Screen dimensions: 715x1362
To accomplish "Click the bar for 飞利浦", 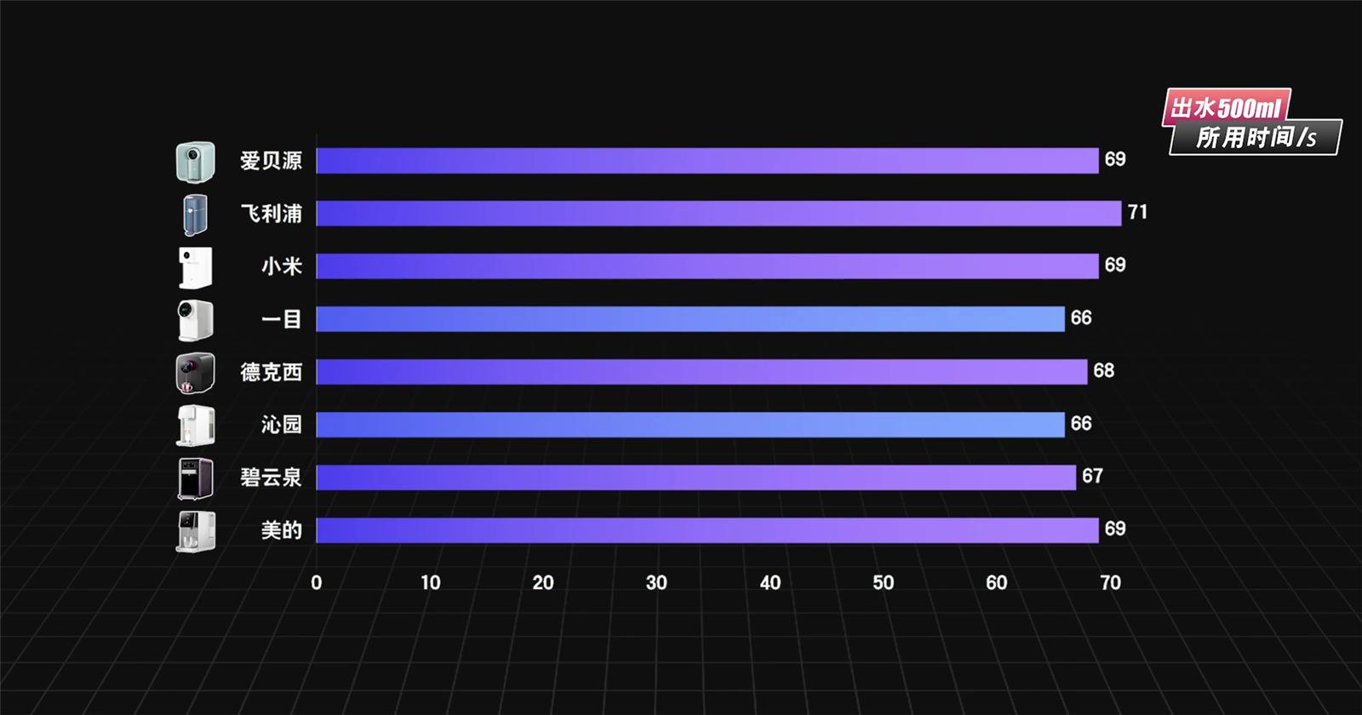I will pyautogui.click(x=718, y=214).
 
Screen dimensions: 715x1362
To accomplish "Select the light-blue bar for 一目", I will pyautogui.click(x=690, y=319).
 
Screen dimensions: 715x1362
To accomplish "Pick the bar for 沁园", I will pyautogui.click(x=690, y=425).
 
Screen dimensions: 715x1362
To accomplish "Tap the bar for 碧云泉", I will pyautogui.click(x=695, y=478).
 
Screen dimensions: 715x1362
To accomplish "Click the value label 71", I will pyautogui.click(x=1137, y=212).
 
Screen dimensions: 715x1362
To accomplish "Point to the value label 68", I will pyautogui.click(x=1103, y=370).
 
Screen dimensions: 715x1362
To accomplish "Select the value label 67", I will pyautogui.click(x=1092, y=476).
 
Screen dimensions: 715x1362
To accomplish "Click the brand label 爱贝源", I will pyautogui.click(x=271, y=161).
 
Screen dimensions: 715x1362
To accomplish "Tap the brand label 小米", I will pyautogui.click(x=281, y=266).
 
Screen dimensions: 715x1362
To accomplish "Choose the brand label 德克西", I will pyautogui.click(x=271, y=372).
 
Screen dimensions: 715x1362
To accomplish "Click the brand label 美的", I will pyautogui.click(x=281, y=530).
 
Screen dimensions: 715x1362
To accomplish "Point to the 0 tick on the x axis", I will pyautogui.click(x=317, y=583).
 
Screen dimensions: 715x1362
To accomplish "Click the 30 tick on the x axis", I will pyautogui.click(x=656, y=583).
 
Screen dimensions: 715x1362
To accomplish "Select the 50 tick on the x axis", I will pyautogui.click(x=883, y=583).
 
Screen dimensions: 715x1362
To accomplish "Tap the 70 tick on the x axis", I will pyautogui.click(x=1110, y=583).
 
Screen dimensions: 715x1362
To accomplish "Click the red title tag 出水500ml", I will pyautogui.click(x=1225, y=108).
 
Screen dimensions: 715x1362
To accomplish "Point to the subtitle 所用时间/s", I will pyautogui.click(x=1256, y=137).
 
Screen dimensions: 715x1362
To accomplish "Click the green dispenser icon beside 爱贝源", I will pyautogui.click(x=195, y=162).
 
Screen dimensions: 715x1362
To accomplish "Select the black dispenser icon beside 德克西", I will pyautogui.click(x=195, y=373).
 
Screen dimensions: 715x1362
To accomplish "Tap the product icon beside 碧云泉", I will pyautogui.click(x=195, y=478).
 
